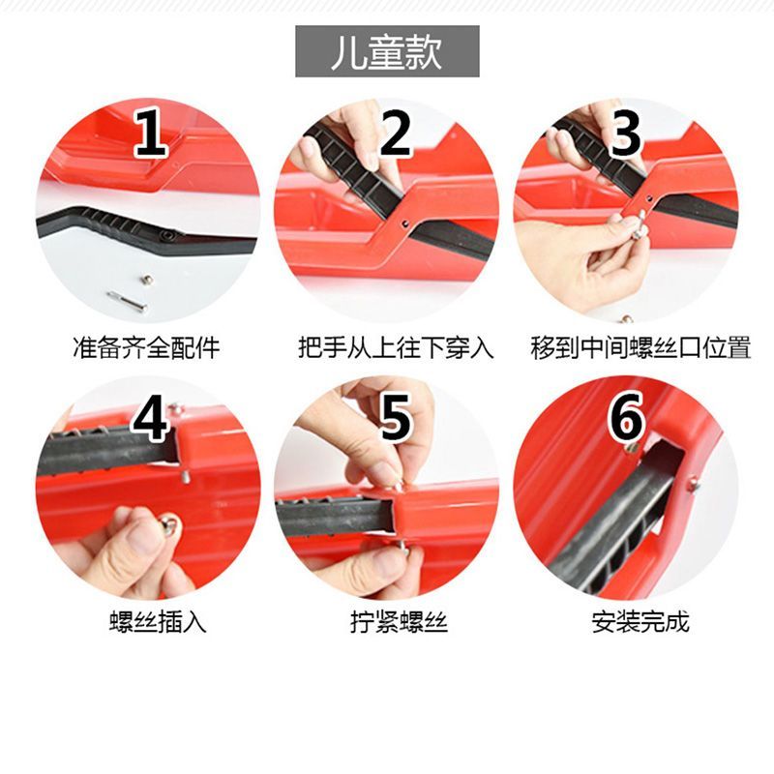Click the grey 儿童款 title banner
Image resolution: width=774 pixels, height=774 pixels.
click(x=387, y=51)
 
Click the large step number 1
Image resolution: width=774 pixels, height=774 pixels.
click(x=151, y=133)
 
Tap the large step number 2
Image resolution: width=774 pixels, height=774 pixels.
click(x=395, y=133)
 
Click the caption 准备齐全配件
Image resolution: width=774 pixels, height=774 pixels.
click(x=146, y=347)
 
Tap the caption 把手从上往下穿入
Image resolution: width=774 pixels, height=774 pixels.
click(x=396, y=347)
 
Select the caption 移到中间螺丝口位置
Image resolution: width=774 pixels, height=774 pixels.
click(x=640, y=347)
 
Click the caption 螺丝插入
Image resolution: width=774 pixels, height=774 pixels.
click(x=158, y=622)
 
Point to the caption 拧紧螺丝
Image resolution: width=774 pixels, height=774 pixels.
click(x=399, y=622)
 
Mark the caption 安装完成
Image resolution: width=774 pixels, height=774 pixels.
click(x=640, y=622)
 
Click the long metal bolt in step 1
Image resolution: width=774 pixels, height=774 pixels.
click(x=127, y=302)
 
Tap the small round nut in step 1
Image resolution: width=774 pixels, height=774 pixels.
click(x=146, y=280)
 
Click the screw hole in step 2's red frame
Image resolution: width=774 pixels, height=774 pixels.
click(x=404, y=223)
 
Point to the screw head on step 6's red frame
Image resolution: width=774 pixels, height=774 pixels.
click(x=693, y=484)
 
